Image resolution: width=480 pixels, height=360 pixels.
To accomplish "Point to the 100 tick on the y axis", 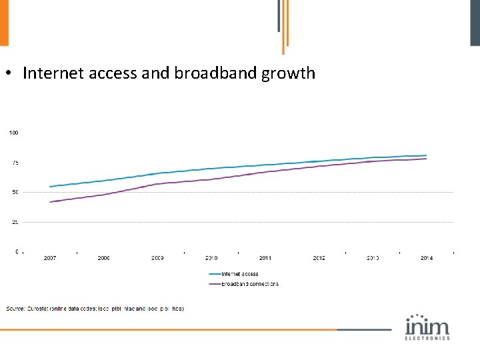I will pyautogui.click(x=13, y=133).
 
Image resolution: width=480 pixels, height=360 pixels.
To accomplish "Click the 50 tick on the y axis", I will pyautogui.click(x=15, y=192).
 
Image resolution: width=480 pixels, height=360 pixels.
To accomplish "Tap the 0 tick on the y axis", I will pyautogui.click(x=17, y=251).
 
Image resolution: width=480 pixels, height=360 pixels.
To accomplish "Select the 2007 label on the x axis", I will pyautogui.click(x=50, y=258).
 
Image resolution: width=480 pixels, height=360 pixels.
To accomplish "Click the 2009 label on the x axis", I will pyautogui.click(x=157, y=258).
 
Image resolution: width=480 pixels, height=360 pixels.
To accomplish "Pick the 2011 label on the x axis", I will pyautogui.click(x=265, y=258).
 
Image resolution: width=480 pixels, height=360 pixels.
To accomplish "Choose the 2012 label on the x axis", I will pyautogui.click(x=319, y=258).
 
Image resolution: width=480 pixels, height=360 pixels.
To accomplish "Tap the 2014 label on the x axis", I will pyautogui.click(x=427, y=258).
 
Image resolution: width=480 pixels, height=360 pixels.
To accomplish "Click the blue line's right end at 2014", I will pyautogui.click(x=427, y=155).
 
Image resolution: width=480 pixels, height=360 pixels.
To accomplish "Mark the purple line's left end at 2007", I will pyautogui.click(x=50, y=202).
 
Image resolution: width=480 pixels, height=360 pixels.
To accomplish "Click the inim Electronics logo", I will pyautogui.click(x=427, y=327).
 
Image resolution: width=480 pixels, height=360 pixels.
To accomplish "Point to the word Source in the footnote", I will pyautogui.click(x=15, y=309).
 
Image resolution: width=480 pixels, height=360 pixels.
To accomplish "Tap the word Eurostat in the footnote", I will pyautogui.click(x=39, y=309).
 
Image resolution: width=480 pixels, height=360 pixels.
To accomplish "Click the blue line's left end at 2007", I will pyautogui.click(x=50, y=187).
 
